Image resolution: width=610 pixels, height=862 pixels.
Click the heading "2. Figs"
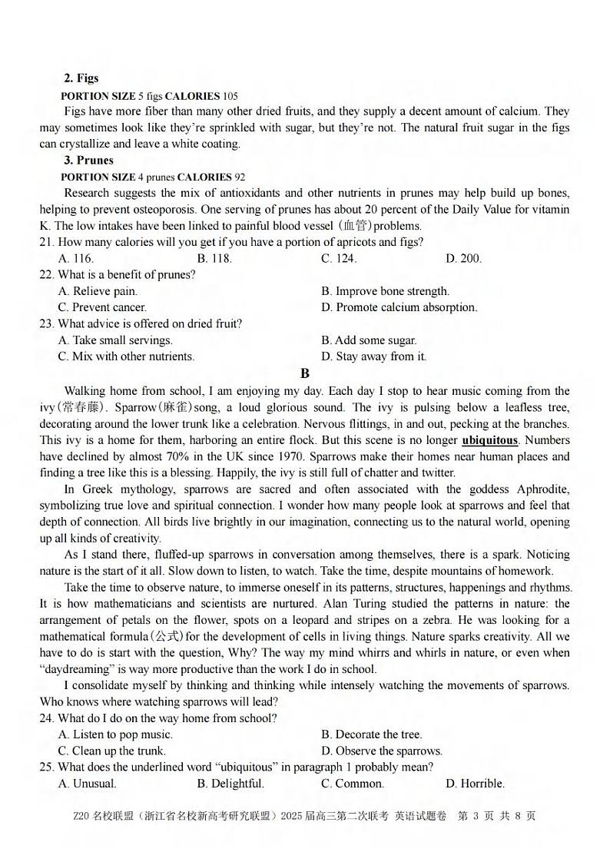click(81, 78)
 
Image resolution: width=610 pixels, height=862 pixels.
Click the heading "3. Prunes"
click(88, 161)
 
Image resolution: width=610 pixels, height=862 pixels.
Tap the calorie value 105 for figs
click(230, 96)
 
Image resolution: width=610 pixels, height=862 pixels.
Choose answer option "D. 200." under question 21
click(463, 259)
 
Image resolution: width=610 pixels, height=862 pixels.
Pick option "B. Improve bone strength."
click(385, 291)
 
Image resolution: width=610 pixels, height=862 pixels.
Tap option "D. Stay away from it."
click(373, 356)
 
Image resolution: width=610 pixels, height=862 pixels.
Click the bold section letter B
click(305, 373)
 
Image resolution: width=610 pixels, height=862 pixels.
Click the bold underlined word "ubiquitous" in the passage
click(489, 440)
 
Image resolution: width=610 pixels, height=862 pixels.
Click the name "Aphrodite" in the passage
click(542, 489)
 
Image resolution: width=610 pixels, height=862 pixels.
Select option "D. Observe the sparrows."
click(381, 751)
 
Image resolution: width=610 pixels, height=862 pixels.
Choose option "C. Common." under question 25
click(352, 784)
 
